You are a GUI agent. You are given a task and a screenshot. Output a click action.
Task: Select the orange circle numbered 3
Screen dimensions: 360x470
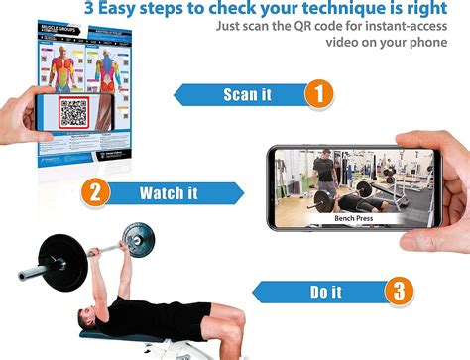pos(399,292)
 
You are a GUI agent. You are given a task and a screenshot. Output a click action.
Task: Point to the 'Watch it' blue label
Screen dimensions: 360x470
pos(168,192)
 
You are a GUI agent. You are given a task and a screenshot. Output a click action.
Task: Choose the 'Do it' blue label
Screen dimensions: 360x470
pos(324,292)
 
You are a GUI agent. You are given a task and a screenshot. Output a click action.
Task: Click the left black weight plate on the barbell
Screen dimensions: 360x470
pos(62,259)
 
